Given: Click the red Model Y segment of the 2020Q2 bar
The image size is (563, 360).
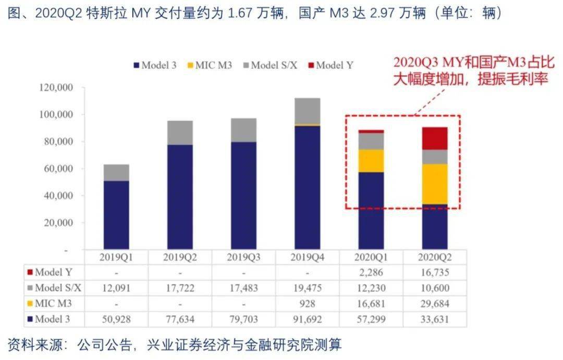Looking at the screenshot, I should pyautogui.click(x=435, y=138).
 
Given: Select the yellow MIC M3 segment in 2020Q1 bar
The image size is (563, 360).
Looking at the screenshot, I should pyautogui.click(x=371, y=161).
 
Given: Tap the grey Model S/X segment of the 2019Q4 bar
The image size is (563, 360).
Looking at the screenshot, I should pyautogui.click(x=307, y=111).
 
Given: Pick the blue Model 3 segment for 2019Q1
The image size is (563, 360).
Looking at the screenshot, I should pyautogui.click(x=116, y=215).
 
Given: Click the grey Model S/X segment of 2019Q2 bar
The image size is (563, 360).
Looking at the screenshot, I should pyautogui.click(x=180, y=133).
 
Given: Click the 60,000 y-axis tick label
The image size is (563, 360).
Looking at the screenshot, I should pyautogui.click(x=58, y=169).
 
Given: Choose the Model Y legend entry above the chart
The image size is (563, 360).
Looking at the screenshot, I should pyautogui.click(x=331, y=65).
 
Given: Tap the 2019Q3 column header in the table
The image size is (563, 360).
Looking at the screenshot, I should pyautogui.click(x=243, y=257).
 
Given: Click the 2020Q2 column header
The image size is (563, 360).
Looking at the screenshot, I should pyautogui.click(x=434, y=257).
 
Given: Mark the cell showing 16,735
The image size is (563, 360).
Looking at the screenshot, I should pyautogui.click(x=434, y=272).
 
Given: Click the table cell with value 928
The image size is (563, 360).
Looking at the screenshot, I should pyautogui.click(x=307, y=303).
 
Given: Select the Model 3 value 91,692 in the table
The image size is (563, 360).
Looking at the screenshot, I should pyautogui.click(x=307, y=319).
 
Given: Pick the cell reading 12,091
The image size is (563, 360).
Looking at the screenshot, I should pyautogui.click(x=116, y=287).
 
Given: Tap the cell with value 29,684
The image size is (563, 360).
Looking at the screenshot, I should pyautogui.click(x=434, y=303).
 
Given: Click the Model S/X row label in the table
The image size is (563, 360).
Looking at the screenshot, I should pyautogui.click(x=55, y=287).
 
